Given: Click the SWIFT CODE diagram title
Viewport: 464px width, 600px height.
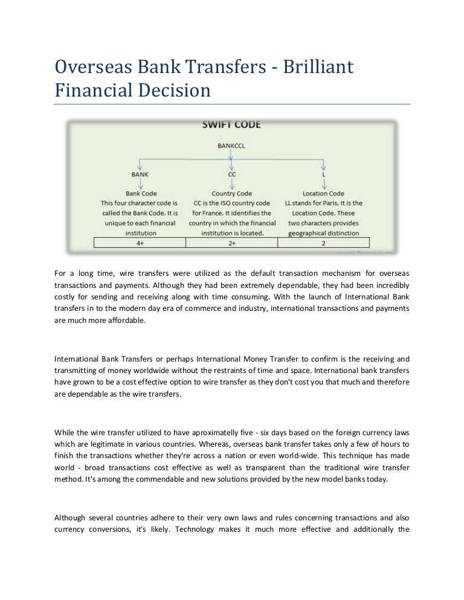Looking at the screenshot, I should point(231,126).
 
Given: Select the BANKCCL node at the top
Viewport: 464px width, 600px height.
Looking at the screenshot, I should point(231,145).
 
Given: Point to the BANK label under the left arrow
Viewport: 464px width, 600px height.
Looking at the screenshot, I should point(140,174).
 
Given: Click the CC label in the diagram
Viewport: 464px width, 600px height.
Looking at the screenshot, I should point(232,174).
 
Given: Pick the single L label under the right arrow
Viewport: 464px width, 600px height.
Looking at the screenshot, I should point(324,174).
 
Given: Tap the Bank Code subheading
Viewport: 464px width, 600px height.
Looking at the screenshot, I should point(141,194).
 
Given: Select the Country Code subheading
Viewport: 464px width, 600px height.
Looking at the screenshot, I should point(232,194).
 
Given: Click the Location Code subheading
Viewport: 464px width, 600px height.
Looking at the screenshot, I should point(323,194).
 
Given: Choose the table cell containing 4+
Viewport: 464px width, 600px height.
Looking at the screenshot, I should point(140,243).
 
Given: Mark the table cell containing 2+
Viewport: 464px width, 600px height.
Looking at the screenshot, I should point(232,243).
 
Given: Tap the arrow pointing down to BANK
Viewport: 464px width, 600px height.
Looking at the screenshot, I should point(140,164).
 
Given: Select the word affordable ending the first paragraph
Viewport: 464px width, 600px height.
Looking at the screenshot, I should point(127,321).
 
